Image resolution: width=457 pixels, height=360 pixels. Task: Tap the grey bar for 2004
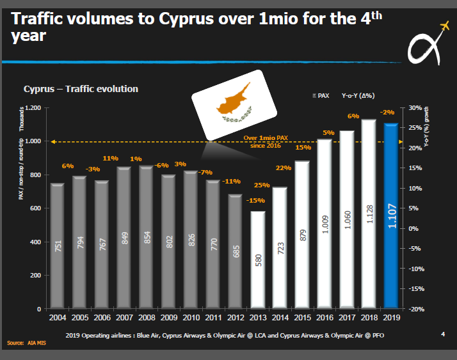[x=57, y=246]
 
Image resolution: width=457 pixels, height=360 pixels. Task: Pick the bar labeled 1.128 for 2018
[x=369, y=214]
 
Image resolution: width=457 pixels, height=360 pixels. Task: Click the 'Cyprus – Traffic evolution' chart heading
[x=81, y=89]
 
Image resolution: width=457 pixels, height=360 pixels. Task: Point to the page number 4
[x=444, y=334]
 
